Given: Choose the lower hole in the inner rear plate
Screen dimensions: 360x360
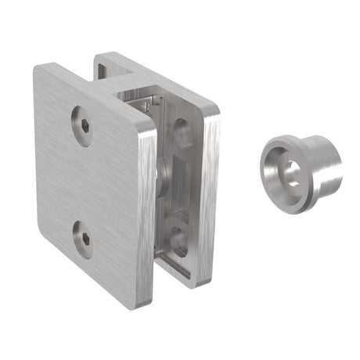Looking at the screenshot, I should [179, 239].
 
